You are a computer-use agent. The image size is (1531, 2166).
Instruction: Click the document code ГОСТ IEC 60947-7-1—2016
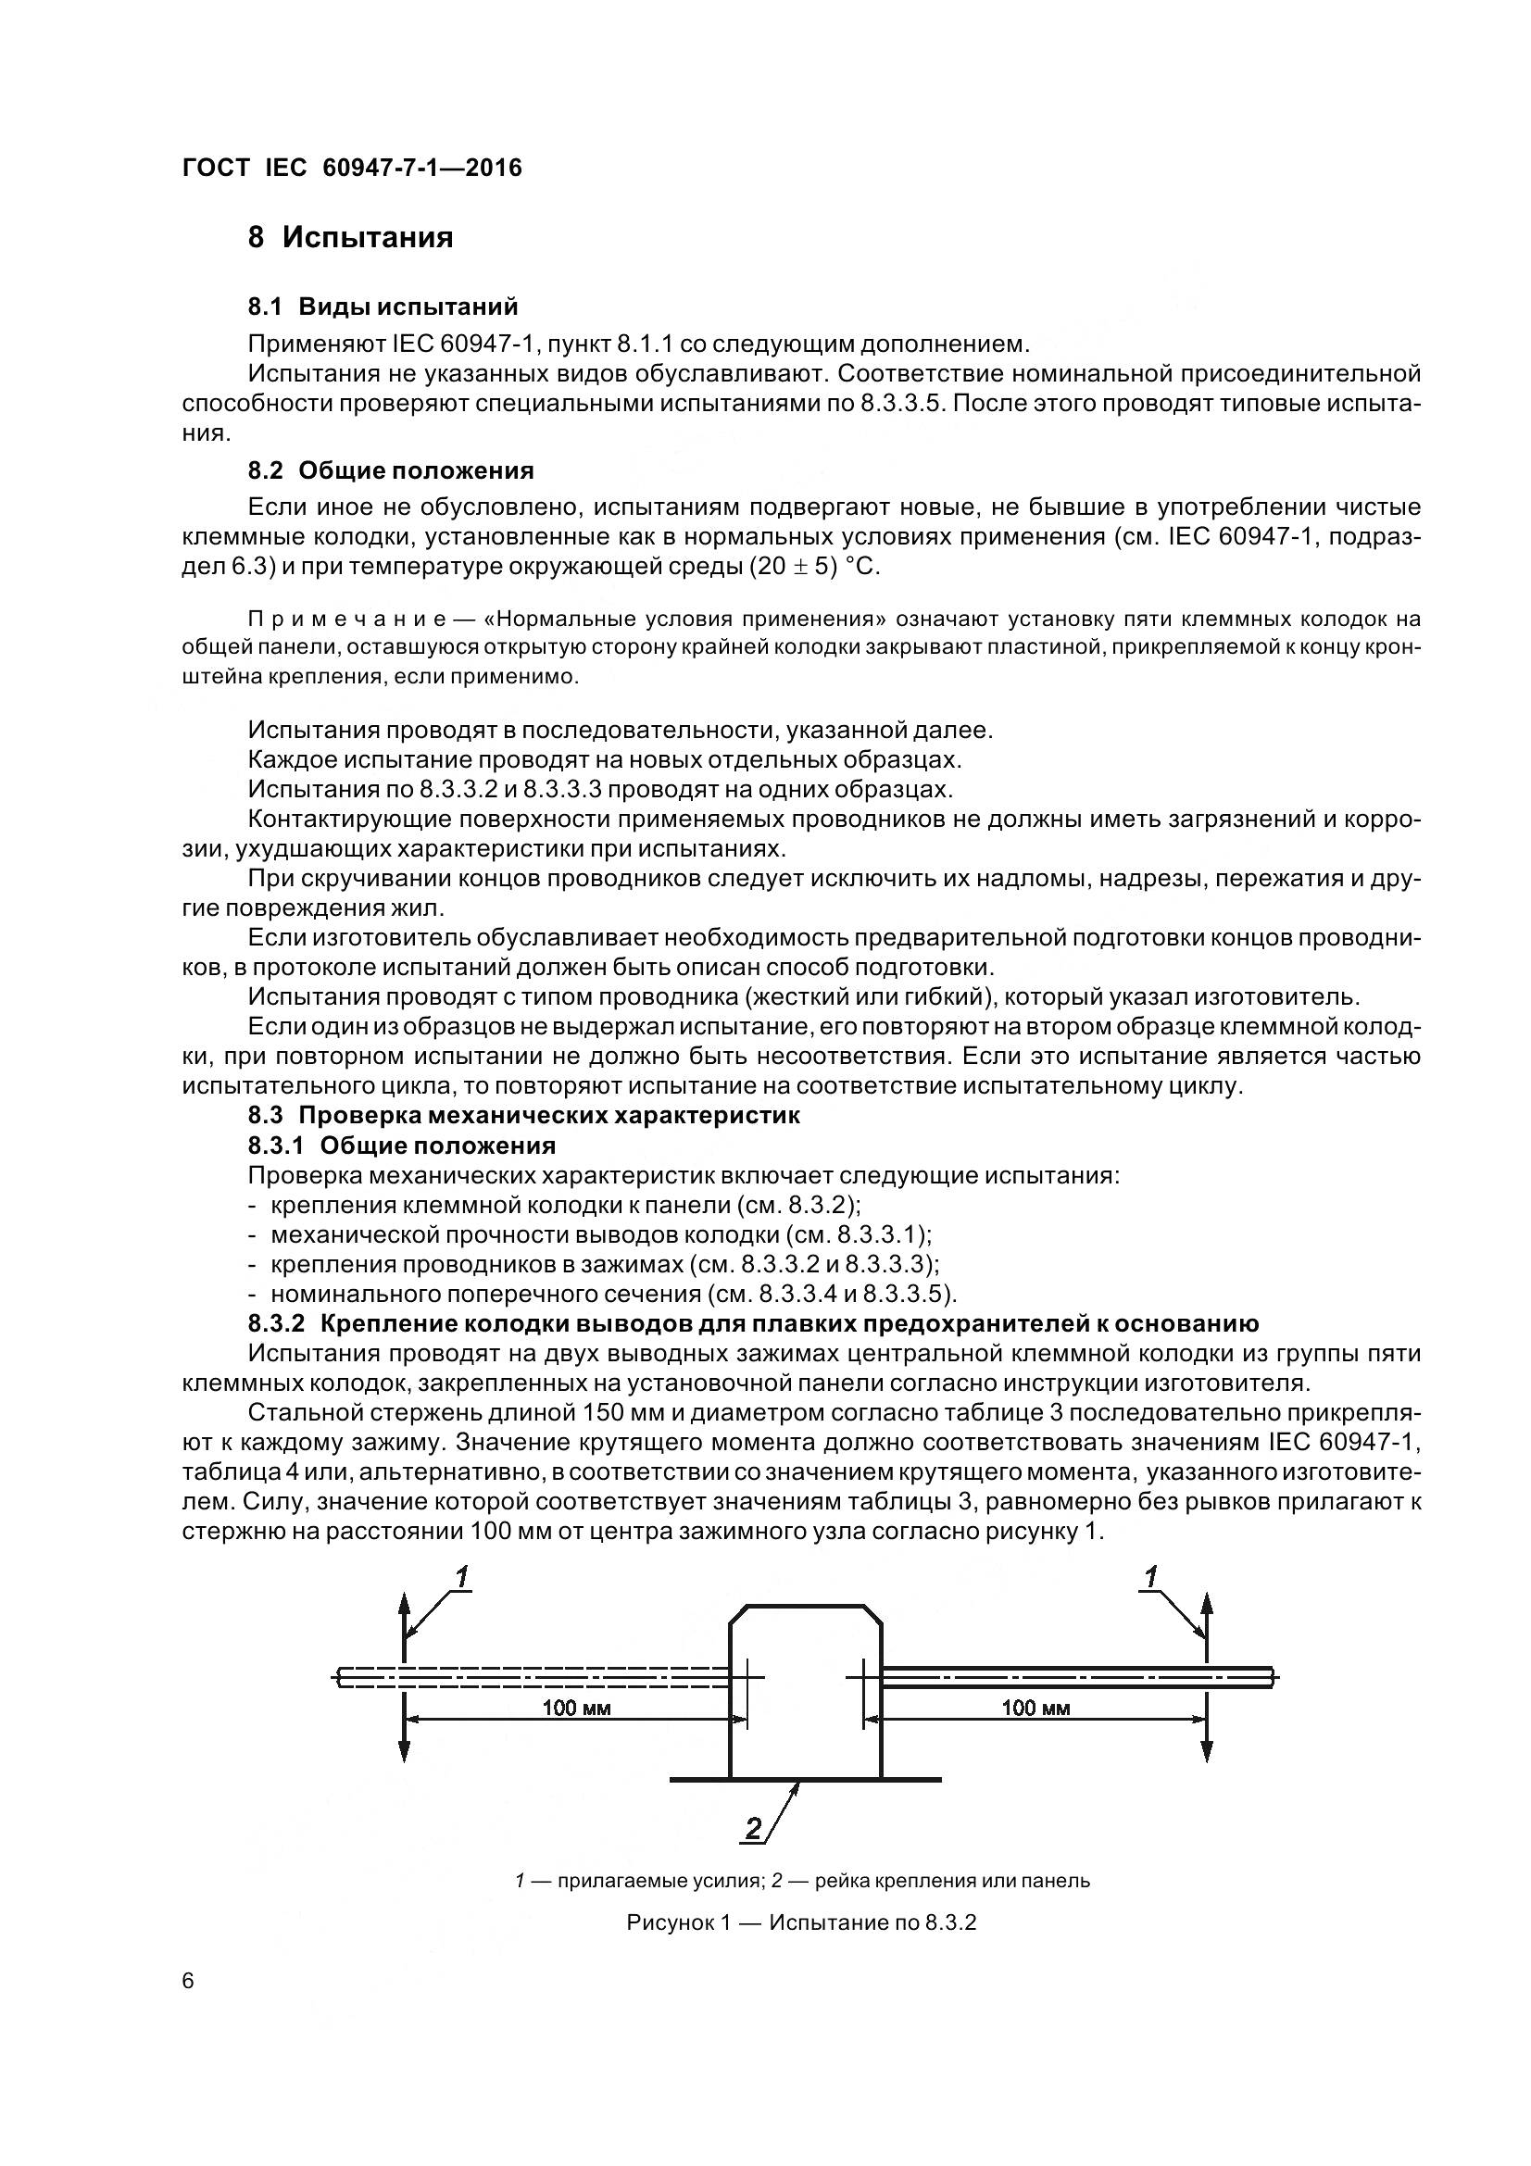(x=352, y=168)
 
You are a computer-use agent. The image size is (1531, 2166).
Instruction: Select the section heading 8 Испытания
(x=350, y=237)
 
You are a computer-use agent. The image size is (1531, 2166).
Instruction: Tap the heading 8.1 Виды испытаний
(x=383, y=307)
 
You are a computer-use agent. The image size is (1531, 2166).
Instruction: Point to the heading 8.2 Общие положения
(x=391, y=470)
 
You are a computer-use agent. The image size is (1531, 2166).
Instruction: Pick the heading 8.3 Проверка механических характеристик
(x=523, y=1115)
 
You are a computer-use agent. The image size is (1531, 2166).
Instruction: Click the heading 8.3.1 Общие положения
(x=402, y=1146)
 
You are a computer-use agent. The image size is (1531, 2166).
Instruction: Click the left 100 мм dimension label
(x=576, y=1708)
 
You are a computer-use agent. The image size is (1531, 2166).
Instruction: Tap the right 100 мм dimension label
(x=1035, y=1708)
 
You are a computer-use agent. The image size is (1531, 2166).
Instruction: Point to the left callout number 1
(x=462, y=1576)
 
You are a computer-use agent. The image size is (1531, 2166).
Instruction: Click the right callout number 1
(x=1151, y=1576)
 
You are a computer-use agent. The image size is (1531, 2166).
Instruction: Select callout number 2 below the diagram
(x=754, y=1829)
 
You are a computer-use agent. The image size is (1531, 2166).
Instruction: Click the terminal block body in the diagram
(x=806, y=1698)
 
